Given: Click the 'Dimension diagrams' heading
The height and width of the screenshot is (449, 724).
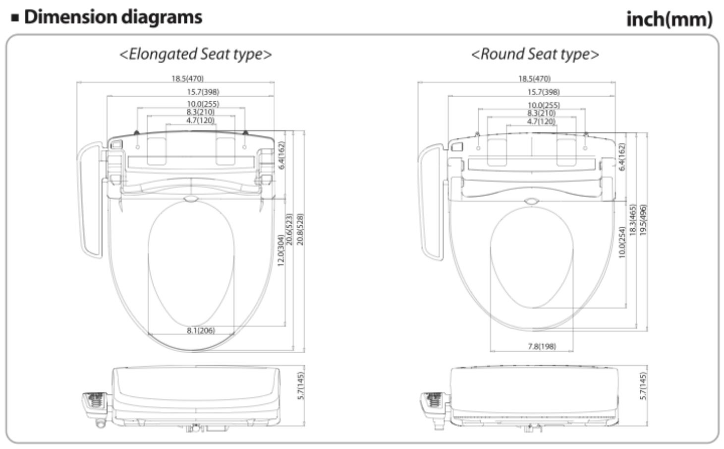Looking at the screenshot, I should (x=113, y=17).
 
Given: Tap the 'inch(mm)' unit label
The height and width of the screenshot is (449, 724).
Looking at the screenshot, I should (x=669, y=19).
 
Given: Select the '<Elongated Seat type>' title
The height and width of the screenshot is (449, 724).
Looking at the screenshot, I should (x=196, y=54).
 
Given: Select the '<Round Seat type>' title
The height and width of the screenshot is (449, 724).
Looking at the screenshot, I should (x=535, y=54).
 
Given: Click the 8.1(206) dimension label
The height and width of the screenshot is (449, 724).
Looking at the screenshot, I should (x=201, y=330).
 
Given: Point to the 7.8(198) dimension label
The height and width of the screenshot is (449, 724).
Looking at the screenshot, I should (x=542, y=346).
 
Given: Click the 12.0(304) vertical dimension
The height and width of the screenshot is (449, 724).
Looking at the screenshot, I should (x=281, y=251).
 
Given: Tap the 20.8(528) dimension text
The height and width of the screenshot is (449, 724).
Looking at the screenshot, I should (x=300, y=229).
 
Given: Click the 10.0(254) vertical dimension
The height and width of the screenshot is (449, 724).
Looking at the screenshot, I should (x=621, y=242).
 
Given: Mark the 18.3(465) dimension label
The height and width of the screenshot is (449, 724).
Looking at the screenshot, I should (x=632, y=220).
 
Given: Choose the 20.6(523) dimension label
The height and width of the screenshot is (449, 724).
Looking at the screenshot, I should (x=289, y=229).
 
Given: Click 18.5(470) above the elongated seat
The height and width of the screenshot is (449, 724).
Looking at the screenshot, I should (x=187, y=78).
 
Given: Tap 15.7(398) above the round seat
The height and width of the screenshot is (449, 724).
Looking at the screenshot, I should (x=543, y=92).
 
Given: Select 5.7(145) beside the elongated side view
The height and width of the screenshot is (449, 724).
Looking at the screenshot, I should (x=300, y=386).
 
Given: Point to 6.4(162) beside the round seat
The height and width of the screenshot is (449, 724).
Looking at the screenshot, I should (x=622, y=157).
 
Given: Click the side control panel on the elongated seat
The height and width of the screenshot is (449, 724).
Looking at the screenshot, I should (x=90, y=198).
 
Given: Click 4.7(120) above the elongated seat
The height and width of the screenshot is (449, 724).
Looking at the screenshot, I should (x=200, y=121).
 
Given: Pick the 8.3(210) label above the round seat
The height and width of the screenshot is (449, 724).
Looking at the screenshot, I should (x=541, y=113).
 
